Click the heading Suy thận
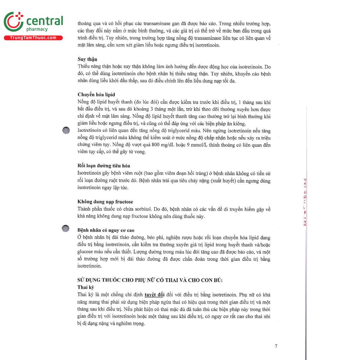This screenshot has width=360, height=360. point(87,59)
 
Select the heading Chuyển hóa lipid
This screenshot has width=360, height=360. point(96,94)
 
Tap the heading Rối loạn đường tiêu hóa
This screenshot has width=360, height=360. point(103,166)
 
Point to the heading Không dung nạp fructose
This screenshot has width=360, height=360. point(105,202)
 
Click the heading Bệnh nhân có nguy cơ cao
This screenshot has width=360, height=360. point(106,230)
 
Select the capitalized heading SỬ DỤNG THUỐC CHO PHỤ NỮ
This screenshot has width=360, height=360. point(150,280)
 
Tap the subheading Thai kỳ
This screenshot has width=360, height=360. point(85,287)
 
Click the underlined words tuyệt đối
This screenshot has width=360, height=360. point(154,295)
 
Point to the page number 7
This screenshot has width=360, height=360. point(276,346)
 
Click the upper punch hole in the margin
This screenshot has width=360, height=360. point(66,130)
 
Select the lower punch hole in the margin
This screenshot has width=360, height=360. point(65,228)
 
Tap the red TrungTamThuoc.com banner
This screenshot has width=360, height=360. point(33,38)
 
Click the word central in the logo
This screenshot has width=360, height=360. point(45,21)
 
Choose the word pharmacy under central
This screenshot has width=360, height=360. point(37,29)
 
